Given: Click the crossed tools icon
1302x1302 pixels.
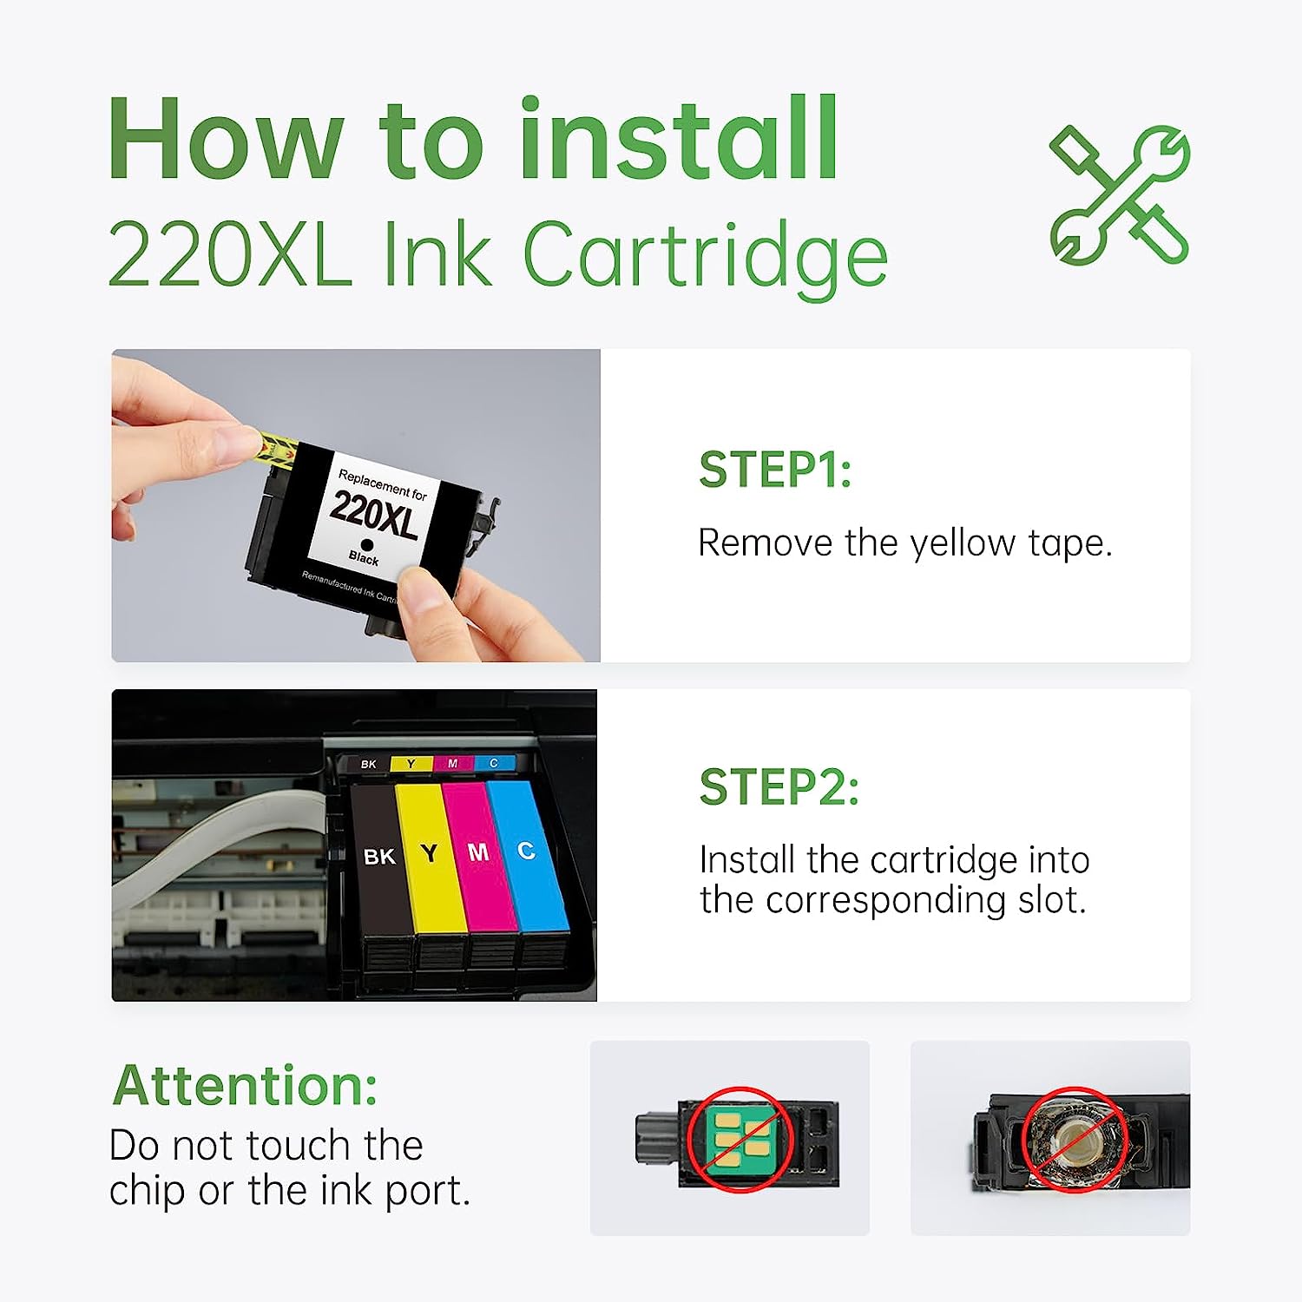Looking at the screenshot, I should tap(1120, 194).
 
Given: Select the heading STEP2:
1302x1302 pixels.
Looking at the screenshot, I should tap(779, 787).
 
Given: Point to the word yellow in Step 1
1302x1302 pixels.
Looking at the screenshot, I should tap(963, 544).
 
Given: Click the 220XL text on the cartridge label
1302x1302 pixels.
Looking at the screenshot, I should tap(375, 514).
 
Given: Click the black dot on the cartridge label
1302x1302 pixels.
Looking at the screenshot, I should tap(367, 545).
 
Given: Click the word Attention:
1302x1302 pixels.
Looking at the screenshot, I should tap(246, 1086).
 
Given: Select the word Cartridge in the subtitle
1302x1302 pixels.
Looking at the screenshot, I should tap(705, 256).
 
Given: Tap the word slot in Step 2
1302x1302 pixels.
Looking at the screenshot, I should tap(1050, 900).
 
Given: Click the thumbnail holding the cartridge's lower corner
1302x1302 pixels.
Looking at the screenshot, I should tap(425, 599).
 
